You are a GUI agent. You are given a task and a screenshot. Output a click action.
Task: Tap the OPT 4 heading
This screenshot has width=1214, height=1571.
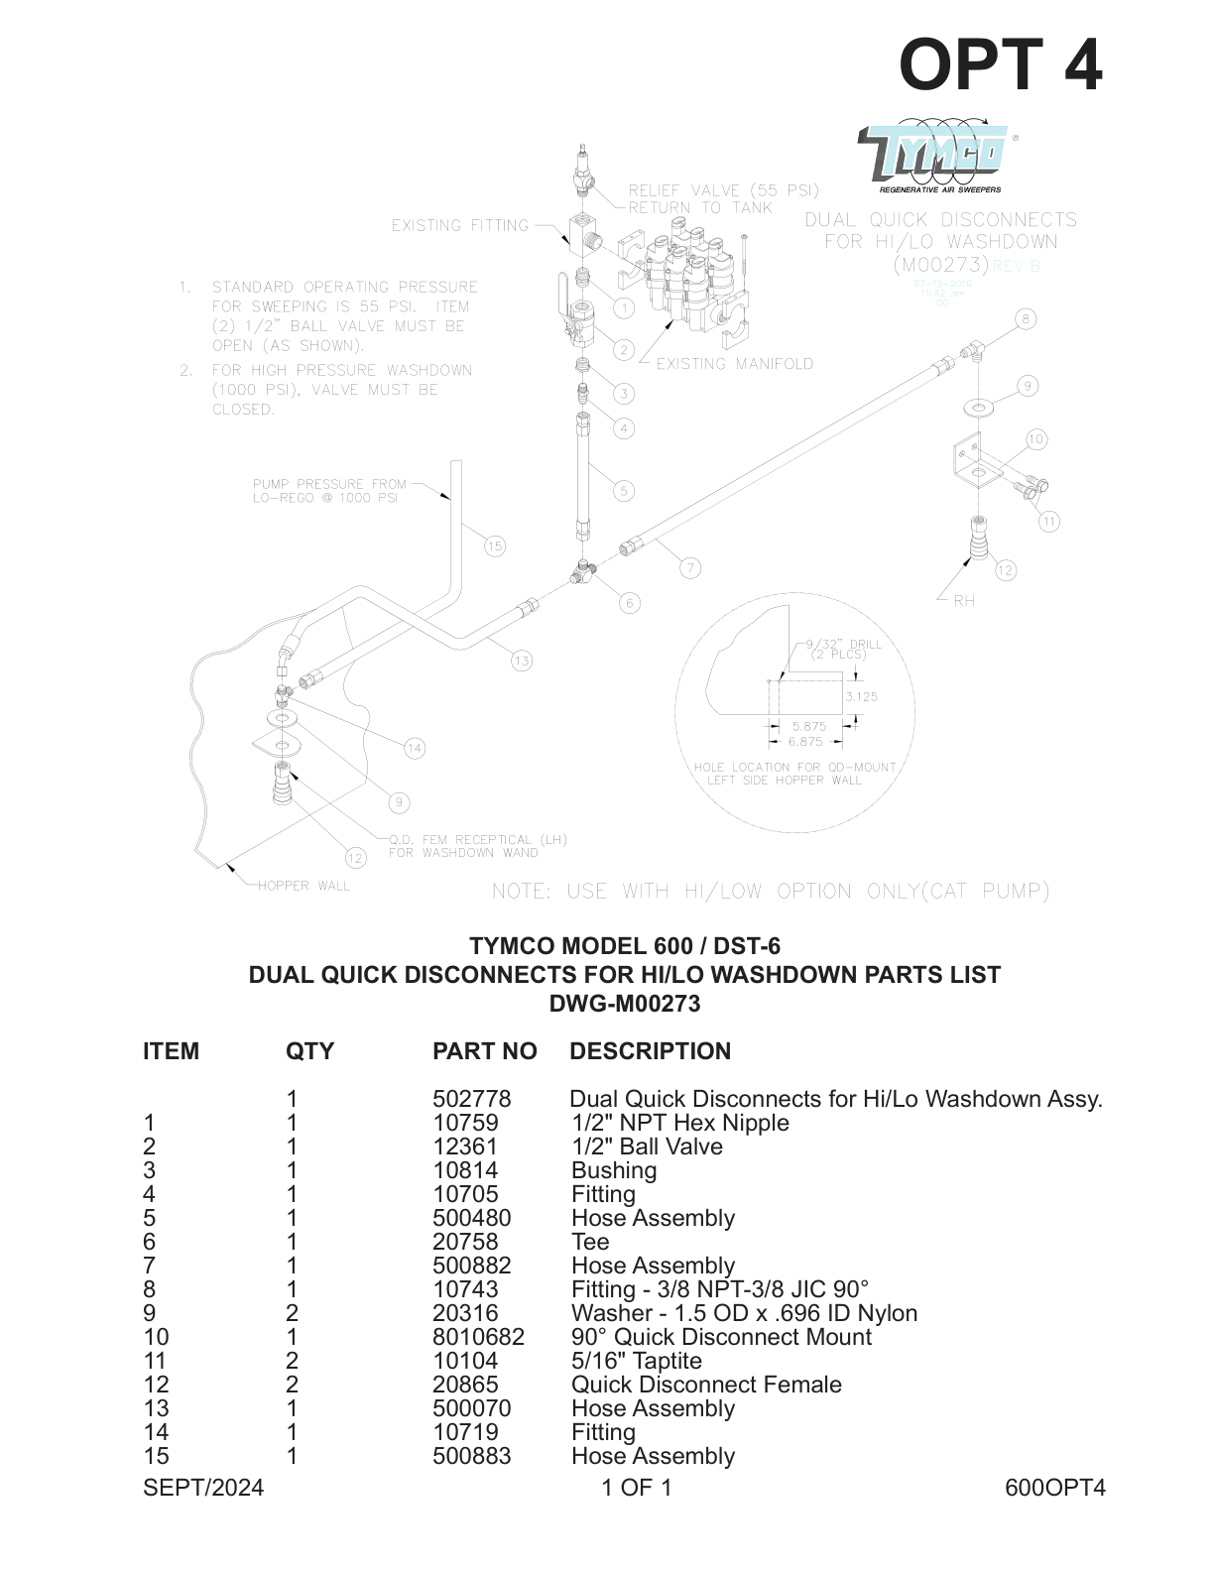coord(1000,65)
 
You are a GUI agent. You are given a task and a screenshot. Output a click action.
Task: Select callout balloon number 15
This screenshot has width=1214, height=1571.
coord(495,545)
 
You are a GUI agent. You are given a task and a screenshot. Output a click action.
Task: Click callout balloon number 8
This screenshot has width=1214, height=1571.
coord(1026,318)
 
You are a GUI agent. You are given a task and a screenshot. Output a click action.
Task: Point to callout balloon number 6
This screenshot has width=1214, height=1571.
coord(629,602)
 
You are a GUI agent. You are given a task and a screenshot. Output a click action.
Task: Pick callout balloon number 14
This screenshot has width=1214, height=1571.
coord(415,749)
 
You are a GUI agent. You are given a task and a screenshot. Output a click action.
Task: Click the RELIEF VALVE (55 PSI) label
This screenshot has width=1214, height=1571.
coord(723,189)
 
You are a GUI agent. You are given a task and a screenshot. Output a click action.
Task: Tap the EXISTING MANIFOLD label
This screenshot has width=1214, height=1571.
coord(734,364)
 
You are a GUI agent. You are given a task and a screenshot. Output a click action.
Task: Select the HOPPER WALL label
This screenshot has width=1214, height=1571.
coord(303,886)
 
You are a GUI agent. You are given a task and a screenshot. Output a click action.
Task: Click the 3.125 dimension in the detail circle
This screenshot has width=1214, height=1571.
coord(861,696)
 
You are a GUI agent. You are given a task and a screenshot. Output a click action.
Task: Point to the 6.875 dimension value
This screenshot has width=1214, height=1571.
coord(805,741)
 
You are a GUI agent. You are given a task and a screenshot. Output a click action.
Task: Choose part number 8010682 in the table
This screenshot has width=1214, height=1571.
coord(478,1337)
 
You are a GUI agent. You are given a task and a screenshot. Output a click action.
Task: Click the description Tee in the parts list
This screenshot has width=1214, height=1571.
coord(590,1242)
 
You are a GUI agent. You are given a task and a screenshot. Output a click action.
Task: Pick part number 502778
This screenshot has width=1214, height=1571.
coord(471,1099)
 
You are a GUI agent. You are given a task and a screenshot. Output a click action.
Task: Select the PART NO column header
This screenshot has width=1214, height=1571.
coord(484,1051)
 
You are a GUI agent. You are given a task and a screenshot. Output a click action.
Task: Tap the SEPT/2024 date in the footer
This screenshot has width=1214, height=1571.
coord(203,1487)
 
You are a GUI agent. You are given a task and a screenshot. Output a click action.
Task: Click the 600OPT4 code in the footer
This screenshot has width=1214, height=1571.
coord(1054,1487)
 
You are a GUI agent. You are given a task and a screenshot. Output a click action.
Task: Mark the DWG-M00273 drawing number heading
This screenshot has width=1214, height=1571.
coord(625,1004)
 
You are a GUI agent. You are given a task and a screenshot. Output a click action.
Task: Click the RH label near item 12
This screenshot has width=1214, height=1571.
coord(964,601)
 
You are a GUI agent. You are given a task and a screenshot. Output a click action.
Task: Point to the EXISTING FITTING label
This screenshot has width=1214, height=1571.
coord(460,225)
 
